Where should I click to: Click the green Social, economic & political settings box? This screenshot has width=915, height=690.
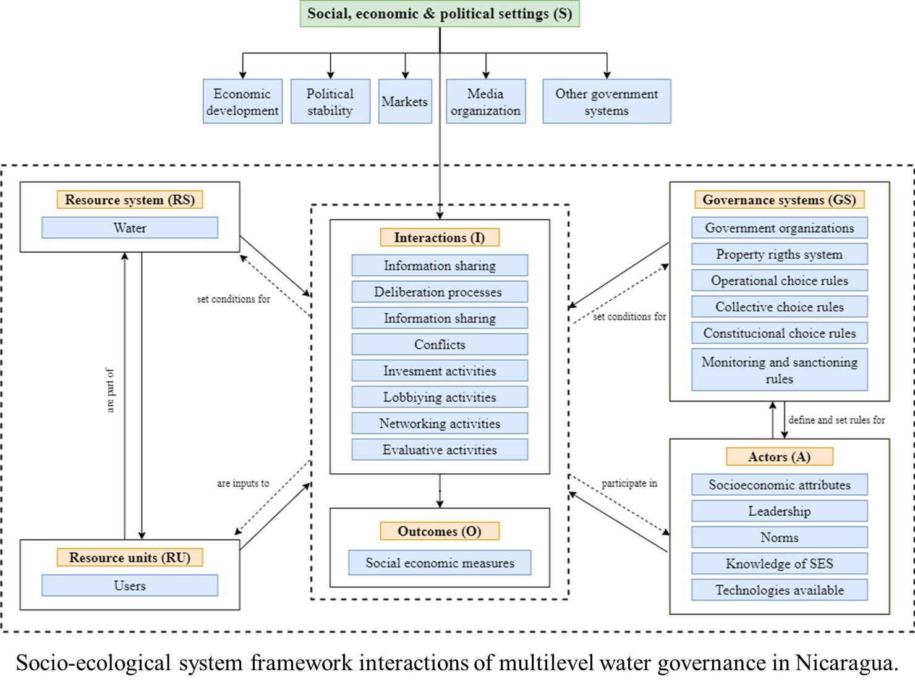pos(440,14)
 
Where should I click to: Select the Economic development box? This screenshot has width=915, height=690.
pos(242,101)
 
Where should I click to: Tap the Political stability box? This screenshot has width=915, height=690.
pos(330,101)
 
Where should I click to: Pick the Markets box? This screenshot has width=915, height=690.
pos(405,101)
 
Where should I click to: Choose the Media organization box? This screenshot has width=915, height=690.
pos(485,101)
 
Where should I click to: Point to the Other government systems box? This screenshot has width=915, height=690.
pos(606,101)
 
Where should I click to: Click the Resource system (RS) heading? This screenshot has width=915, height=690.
pos(130,200)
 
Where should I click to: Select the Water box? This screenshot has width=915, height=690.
pos(130,227)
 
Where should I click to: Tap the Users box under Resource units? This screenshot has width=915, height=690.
pos(130,585)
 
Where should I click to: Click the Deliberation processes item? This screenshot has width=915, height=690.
pos(440,292)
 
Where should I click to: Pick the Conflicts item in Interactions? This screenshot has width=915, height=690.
pos(440,344)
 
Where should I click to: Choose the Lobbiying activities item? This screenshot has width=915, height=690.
pos(440,397)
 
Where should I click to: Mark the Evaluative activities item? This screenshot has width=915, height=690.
pos(440,449)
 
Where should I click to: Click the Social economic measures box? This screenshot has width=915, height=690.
pos(440,562)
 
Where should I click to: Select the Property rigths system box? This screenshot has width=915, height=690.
pos(779,254)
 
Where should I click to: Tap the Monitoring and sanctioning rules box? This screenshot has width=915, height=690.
pos(779,370)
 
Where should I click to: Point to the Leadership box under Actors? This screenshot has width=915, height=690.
pos(779,511)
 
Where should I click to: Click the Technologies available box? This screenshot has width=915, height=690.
pos(779,589)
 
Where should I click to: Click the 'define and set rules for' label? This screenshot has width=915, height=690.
pos(836,420)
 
